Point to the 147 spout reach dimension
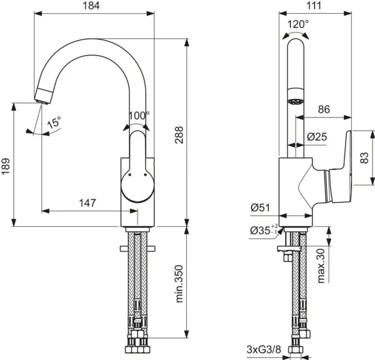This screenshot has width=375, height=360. (88, 202)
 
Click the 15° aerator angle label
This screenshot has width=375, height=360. (55, 123)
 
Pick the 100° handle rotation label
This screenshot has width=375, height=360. (139, 116)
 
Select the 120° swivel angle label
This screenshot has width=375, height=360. (297, 24)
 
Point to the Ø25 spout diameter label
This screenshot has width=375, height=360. (317, 137)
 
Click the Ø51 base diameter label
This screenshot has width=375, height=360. (261, 207)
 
